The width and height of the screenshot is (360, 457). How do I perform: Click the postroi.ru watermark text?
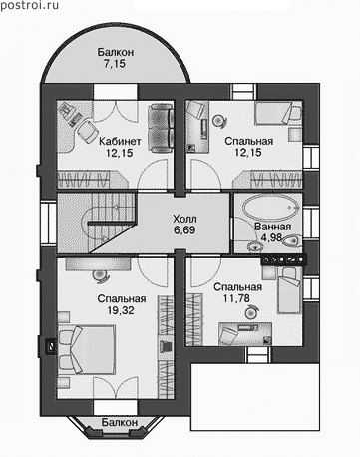(30, 5)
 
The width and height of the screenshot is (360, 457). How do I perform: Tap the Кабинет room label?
(120, 141)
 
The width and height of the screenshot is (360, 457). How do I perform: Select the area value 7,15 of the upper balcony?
(115, 64)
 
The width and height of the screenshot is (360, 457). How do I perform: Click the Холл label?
(184, 219)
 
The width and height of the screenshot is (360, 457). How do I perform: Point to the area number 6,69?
(184, 230)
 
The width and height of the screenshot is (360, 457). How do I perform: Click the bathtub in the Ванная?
(271, 207)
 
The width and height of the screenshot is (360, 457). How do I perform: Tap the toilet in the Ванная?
(292, 240)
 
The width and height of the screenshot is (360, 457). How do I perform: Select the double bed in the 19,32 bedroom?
(87, 350)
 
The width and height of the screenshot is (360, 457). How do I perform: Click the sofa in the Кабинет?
(161, 128)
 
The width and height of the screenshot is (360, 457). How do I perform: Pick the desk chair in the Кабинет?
(86, 131)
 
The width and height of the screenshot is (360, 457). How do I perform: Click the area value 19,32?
(121, 310)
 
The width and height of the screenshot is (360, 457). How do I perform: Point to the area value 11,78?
(236, 298)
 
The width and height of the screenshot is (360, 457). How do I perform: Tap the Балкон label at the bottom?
(120, 422)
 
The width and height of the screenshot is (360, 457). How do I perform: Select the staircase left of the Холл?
(97, 223)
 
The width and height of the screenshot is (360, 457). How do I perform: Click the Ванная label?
(272, 227)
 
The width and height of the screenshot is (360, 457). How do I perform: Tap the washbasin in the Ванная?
(254, 246)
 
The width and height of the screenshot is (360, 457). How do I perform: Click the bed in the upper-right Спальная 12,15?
(278, 113)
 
